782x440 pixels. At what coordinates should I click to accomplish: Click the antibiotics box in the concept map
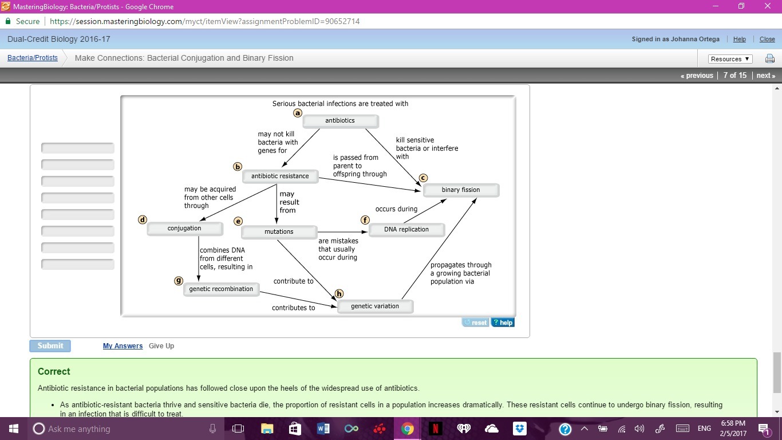pyautogui.click(x=340, y=121)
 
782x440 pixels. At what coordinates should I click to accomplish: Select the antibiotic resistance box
pyautogui.click(x=280, y=176)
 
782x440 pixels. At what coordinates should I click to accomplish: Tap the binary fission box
pyautogui.click(x=461, y=190)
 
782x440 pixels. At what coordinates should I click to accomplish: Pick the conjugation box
pyautogui.click(x=184, y=229)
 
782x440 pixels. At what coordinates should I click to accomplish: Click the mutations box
pyautogui.click(x=279, y=232)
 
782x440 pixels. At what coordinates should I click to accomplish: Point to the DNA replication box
pyautogui.click(x=406, y=230)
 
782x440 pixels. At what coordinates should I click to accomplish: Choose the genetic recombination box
pyautogui.click(x=221, y=289)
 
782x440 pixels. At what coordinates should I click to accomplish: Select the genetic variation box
pyautogui.click(x=375, y=307)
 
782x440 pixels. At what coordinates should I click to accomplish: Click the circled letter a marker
pyautogui.click(x=298, y=113)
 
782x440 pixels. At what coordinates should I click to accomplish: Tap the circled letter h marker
pyautogui.click(x=339, y=294)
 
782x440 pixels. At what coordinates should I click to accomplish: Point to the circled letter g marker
pyautogui.click(x=179, y=281)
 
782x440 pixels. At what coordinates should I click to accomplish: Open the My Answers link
pyautogui.click(x=123, y=346)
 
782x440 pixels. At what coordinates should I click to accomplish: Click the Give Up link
pyautogui.click(x=161, y=346)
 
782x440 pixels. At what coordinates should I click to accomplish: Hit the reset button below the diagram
pyautogui.click(x=475, y=323)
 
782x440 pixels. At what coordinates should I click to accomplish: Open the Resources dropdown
pyautogui.click(x=730, y=59)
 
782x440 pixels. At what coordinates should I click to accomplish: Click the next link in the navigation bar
pyautogui.click(x=765, y=76)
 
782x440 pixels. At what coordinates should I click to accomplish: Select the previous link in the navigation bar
pyautogui.click(x=697, y=76)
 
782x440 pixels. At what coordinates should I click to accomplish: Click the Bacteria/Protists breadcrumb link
pyautogui.click(x=33, y=58)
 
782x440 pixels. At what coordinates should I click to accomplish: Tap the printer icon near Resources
pyautogui.click(x=770, y=59)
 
